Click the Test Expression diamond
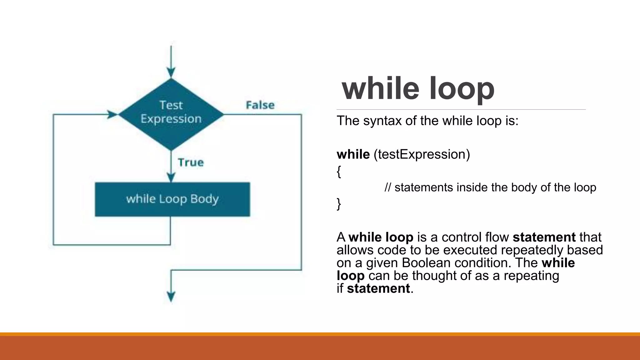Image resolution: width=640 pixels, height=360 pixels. (171, 114)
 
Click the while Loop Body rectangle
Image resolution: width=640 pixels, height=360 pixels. (172, 199)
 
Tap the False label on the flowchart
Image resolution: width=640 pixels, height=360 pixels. (260, 105)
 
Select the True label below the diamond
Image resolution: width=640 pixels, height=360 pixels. (191, 162)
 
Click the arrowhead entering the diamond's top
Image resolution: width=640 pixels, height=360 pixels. (171, 72)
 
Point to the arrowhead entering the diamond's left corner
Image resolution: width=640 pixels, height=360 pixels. (112, 114)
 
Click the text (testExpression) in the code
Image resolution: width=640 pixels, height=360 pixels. (422, 154)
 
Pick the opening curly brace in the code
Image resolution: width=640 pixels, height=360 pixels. (339, 171)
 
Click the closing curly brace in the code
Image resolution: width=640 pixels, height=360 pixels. (339, 204)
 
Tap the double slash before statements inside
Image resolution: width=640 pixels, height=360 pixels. (388, 187)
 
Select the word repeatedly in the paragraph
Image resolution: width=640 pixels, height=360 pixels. (532, 250)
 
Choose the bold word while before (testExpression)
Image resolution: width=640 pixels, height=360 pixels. (353, 154)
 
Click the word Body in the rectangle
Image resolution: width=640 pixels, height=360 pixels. (204, 199)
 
